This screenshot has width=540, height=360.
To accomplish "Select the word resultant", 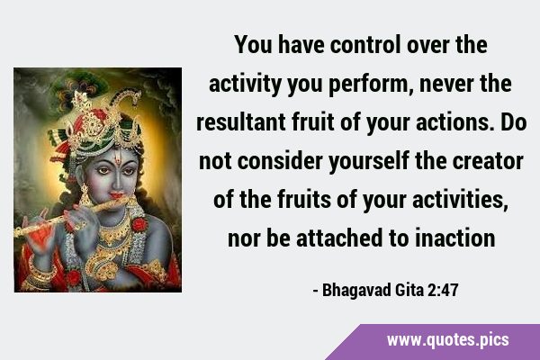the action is [x=240, y=122].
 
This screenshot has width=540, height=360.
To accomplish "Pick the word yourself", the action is [x=369, y=162].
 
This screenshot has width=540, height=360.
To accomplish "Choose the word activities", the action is [x=460, y=200].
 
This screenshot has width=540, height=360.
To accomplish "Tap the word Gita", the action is [x=409, y=290].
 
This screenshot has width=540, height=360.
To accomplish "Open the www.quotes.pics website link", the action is [x=447, y=340].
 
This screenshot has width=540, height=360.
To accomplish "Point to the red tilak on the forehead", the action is [x=118, y=159].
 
